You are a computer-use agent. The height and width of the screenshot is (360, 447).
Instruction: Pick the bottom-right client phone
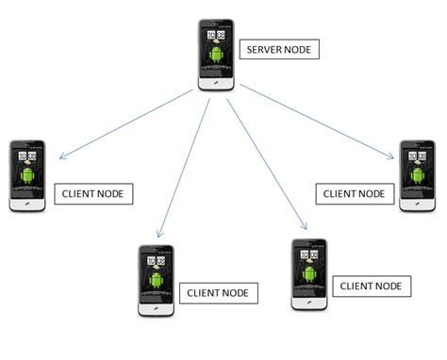(309, 274)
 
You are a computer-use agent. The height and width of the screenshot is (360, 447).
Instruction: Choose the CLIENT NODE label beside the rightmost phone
(354, 193)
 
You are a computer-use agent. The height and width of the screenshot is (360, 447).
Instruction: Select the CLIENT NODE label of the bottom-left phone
(218, 292)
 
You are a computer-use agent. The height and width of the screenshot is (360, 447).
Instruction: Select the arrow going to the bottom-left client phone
(183, 165)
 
